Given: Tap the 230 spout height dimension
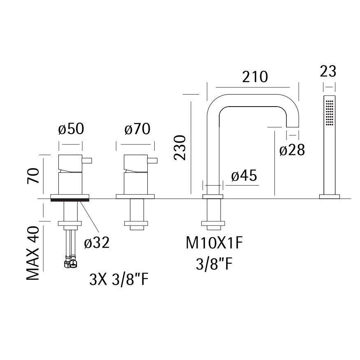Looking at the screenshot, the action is click(179, 148).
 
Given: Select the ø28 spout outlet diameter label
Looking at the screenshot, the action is click(292, 150).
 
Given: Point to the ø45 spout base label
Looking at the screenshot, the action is click(244, 176).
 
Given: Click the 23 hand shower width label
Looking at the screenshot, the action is click(328, 71).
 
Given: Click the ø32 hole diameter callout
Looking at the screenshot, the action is click(97, 243).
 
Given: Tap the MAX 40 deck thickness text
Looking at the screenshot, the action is click(33, 253).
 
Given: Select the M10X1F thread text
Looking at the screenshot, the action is click(214, 243).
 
